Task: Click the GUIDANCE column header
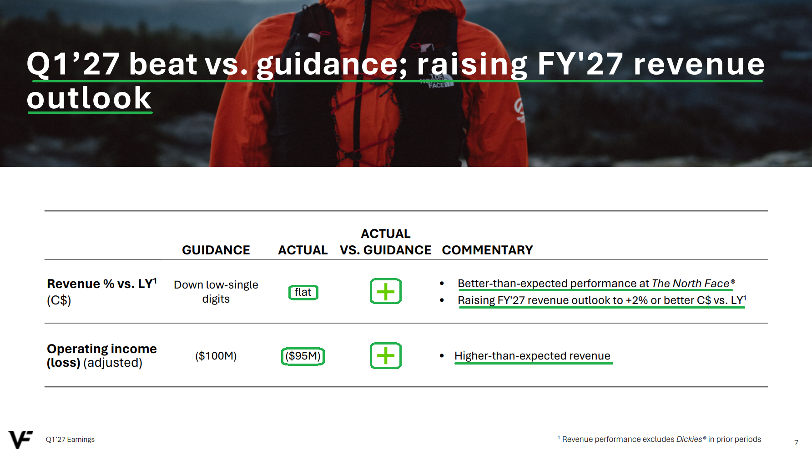(x=216, y=250)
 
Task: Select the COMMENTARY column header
(x=487, y=250)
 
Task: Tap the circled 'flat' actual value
(x=303, y=292)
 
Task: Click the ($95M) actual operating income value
(x=303, y=356)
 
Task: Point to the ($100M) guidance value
(x=216, y=356)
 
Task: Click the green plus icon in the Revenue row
(x=385, y=291)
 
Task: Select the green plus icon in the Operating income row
(x=385, y=355)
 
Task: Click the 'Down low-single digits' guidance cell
(x=216, y=292)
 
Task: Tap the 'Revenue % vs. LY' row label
(x=102, y=284)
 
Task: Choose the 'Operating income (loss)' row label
(x=101, y=355)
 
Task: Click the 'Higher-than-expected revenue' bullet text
(x=532, y=356)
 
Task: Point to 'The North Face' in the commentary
(x=690, y=284)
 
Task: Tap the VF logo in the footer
(x=20, y=440)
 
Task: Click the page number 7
(x=796, y=442)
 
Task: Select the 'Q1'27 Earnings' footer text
(x=70, y=440)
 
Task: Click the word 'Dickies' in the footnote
(x=689, y=439)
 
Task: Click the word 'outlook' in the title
(x=89, y=98)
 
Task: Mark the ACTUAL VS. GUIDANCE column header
(x=386, y=242)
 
